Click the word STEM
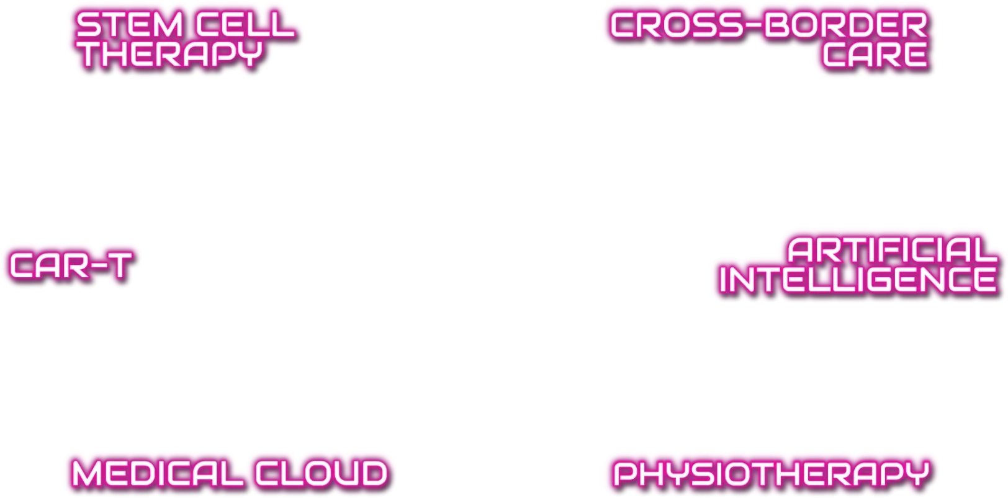[129, 25]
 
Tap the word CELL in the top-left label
[245, 25]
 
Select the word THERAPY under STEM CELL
[169, 54]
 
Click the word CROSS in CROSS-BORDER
[676, 25]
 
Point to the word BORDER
[846, 25]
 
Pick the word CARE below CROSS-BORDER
[875, 55]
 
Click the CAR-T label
[71, 265]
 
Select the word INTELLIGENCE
[858, 280]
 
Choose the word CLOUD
[322, 473]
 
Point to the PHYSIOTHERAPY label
[772, 473]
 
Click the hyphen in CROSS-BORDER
[754, 25]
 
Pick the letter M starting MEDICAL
[88, 473]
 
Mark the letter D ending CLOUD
[374, 473]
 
